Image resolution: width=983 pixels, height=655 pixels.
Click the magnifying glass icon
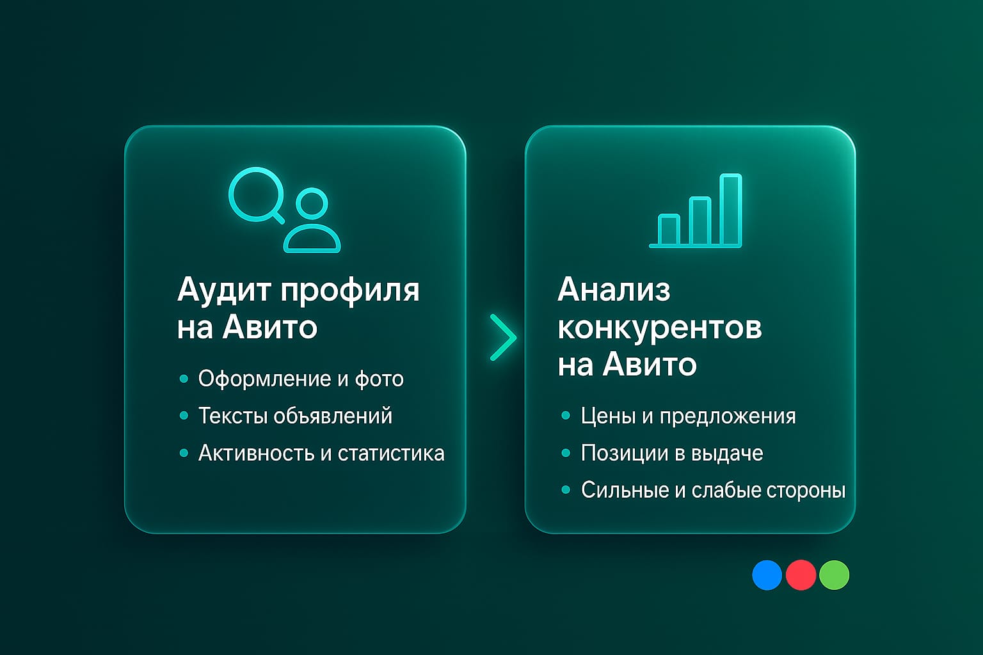click(257, 194)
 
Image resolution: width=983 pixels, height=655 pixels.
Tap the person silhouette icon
click(312, 221)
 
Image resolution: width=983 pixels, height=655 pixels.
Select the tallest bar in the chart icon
click(730, 210)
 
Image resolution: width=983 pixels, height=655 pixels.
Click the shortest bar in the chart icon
click(669, 230)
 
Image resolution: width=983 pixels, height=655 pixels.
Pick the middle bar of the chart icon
click(699, 221)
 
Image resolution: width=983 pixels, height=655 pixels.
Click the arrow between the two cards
click(503, 337)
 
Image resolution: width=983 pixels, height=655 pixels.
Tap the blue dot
click(767, 575)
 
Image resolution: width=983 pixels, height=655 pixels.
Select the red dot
click(801, 575)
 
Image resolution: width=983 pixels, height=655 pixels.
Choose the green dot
click(834, 575)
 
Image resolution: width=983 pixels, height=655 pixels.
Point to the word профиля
click(350, 291)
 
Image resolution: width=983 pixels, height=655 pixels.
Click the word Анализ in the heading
click(614, 290)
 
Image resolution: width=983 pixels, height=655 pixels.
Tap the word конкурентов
click(659, 327)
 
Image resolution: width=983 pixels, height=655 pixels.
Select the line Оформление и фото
click(301, 379)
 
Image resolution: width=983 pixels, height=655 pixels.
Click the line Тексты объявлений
click(295, 416)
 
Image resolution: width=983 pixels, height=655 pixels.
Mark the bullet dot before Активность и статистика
click(184, 453)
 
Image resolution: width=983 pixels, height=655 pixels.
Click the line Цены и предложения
click(688, 416)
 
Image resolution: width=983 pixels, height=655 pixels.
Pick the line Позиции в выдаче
click(672, 454)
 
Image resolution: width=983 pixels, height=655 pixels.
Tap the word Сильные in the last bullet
click(625, 491)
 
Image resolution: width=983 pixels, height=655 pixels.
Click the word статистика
click(391, 454)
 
